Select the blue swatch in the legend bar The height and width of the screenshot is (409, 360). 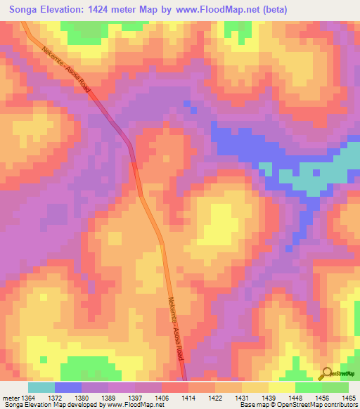pos(67,387)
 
